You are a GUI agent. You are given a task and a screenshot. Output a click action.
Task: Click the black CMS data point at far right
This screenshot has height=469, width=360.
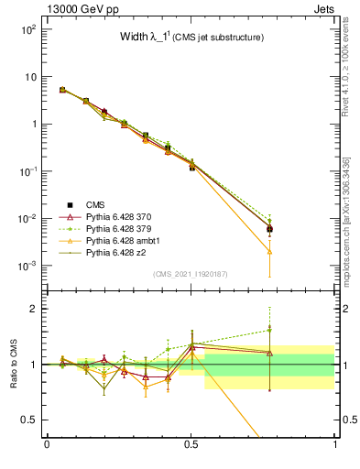pyautogui.click(x=270, y=229)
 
